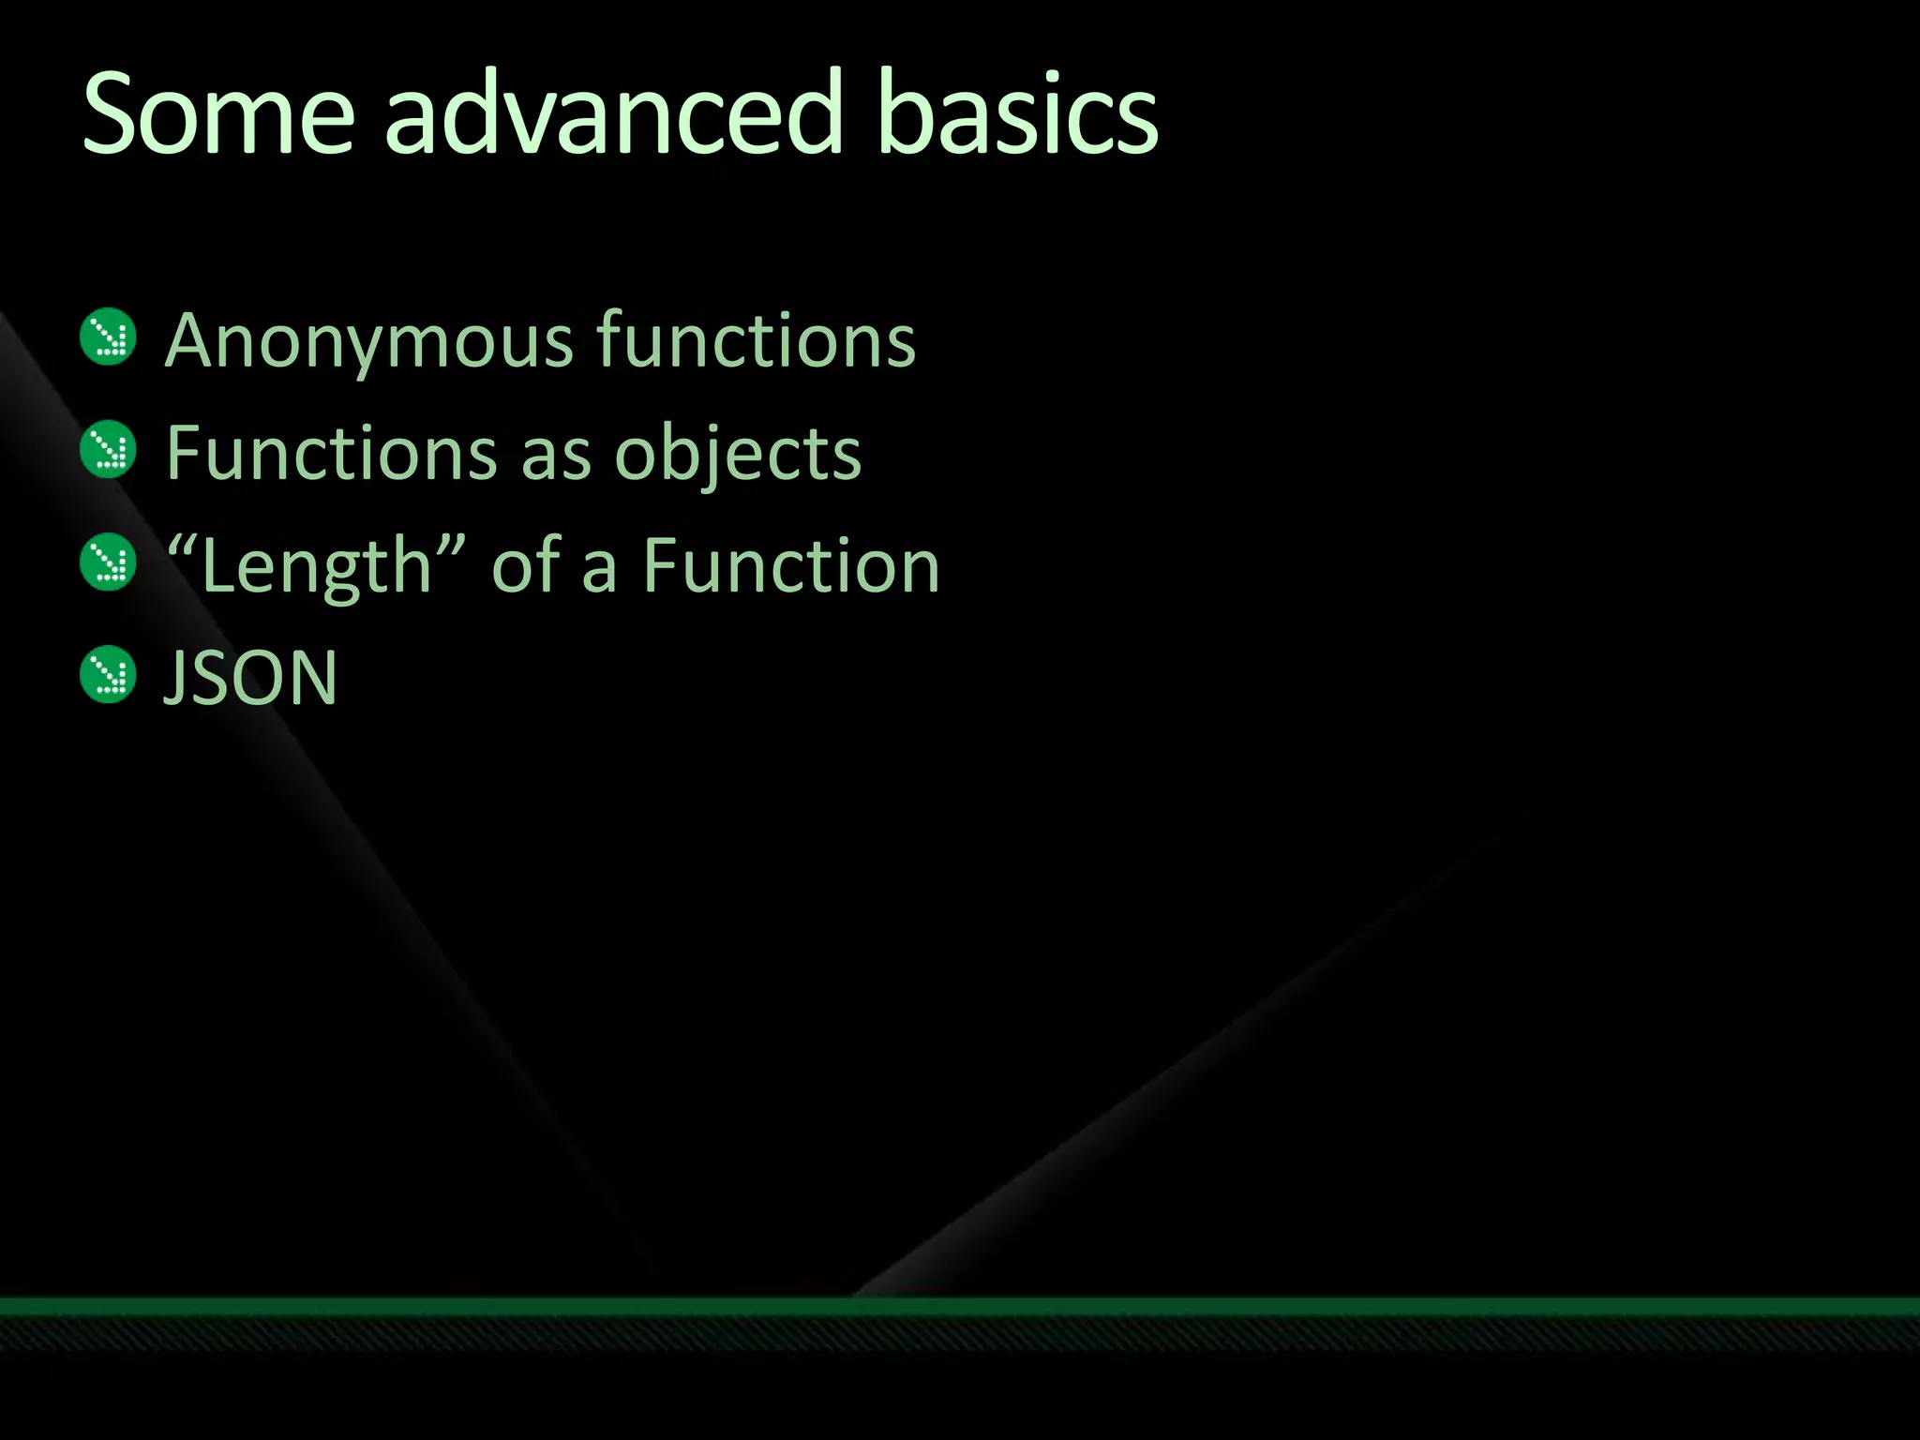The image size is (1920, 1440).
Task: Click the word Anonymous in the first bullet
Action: (369, 341)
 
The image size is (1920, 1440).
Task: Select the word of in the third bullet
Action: (526, 566)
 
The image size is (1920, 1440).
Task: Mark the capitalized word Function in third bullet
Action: (791, 566)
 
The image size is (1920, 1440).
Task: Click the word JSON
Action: (250, 678)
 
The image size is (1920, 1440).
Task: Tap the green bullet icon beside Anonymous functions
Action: (109, 337)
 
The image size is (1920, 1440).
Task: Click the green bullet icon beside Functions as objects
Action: (109, 449)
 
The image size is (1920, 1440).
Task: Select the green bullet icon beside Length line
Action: (109, 562)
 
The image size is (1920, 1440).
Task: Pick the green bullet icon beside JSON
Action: (109, 674)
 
